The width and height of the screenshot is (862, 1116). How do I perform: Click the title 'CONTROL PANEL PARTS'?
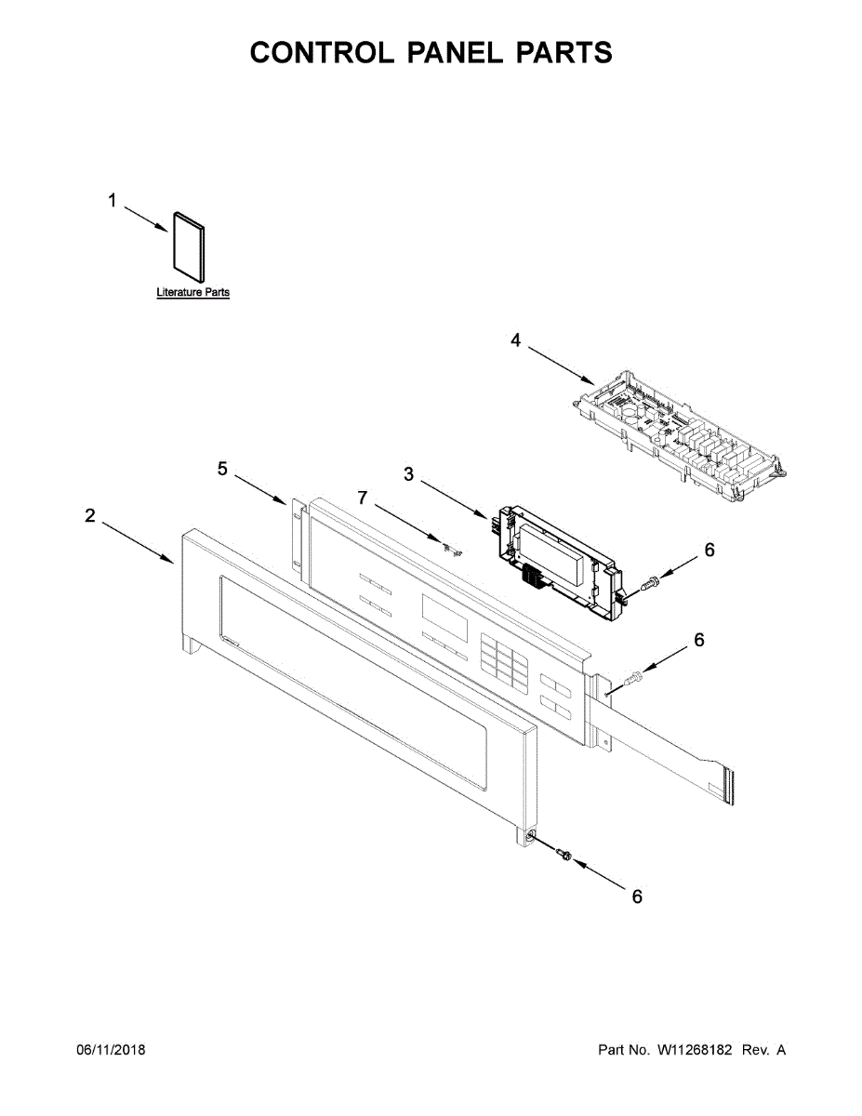point(431,53)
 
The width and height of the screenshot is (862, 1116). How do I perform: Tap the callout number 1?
point(113,201)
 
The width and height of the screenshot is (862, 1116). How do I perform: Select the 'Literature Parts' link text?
point(192,293)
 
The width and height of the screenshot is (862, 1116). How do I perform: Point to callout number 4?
point(516,340)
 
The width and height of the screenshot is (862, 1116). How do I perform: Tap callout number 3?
point(409,474)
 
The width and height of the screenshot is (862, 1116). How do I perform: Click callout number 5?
point(223,469)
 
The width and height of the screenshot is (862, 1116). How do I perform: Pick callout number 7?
point(364,499)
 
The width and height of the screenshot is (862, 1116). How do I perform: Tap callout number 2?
point(90,516)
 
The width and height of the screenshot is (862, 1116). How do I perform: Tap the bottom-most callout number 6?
point(637,897)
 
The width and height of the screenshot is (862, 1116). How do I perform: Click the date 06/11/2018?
point(111,1050)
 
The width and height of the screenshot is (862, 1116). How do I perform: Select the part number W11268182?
point(696,1050)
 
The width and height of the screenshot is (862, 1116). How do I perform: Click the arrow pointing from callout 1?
point(146,219)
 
